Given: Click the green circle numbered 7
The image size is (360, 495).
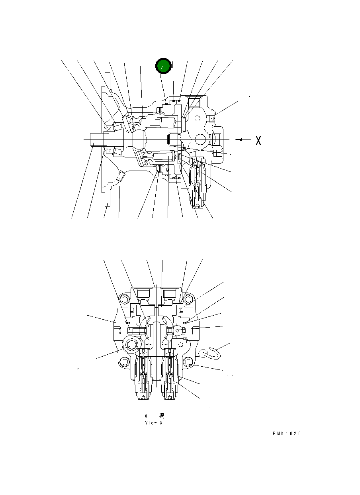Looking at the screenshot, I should [x=163, y=67].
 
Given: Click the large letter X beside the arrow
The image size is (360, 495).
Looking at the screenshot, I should [x=258, y=140].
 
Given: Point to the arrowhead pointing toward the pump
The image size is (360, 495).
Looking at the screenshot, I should [x=238, y=139].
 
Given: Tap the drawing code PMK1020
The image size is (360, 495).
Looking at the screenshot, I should [x=287, y=434].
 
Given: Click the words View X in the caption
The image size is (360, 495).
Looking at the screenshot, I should [x=153, y=423].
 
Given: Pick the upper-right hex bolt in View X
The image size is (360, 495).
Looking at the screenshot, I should [x=188, y=299].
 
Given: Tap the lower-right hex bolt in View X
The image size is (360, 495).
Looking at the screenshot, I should [x=188, y=362].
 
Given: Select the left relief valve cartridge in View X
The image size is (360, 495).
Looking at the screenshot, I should [x=143, y=377].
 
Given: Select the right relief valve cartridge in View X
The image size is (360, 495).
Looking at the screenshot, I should [x=171, y=377].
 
